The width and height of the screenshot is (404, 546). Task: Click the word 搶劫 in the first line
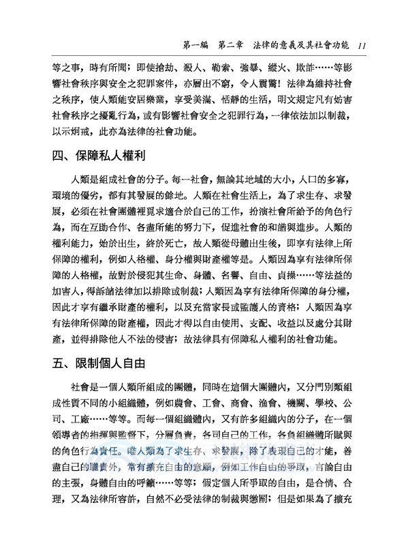[160, 69]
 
